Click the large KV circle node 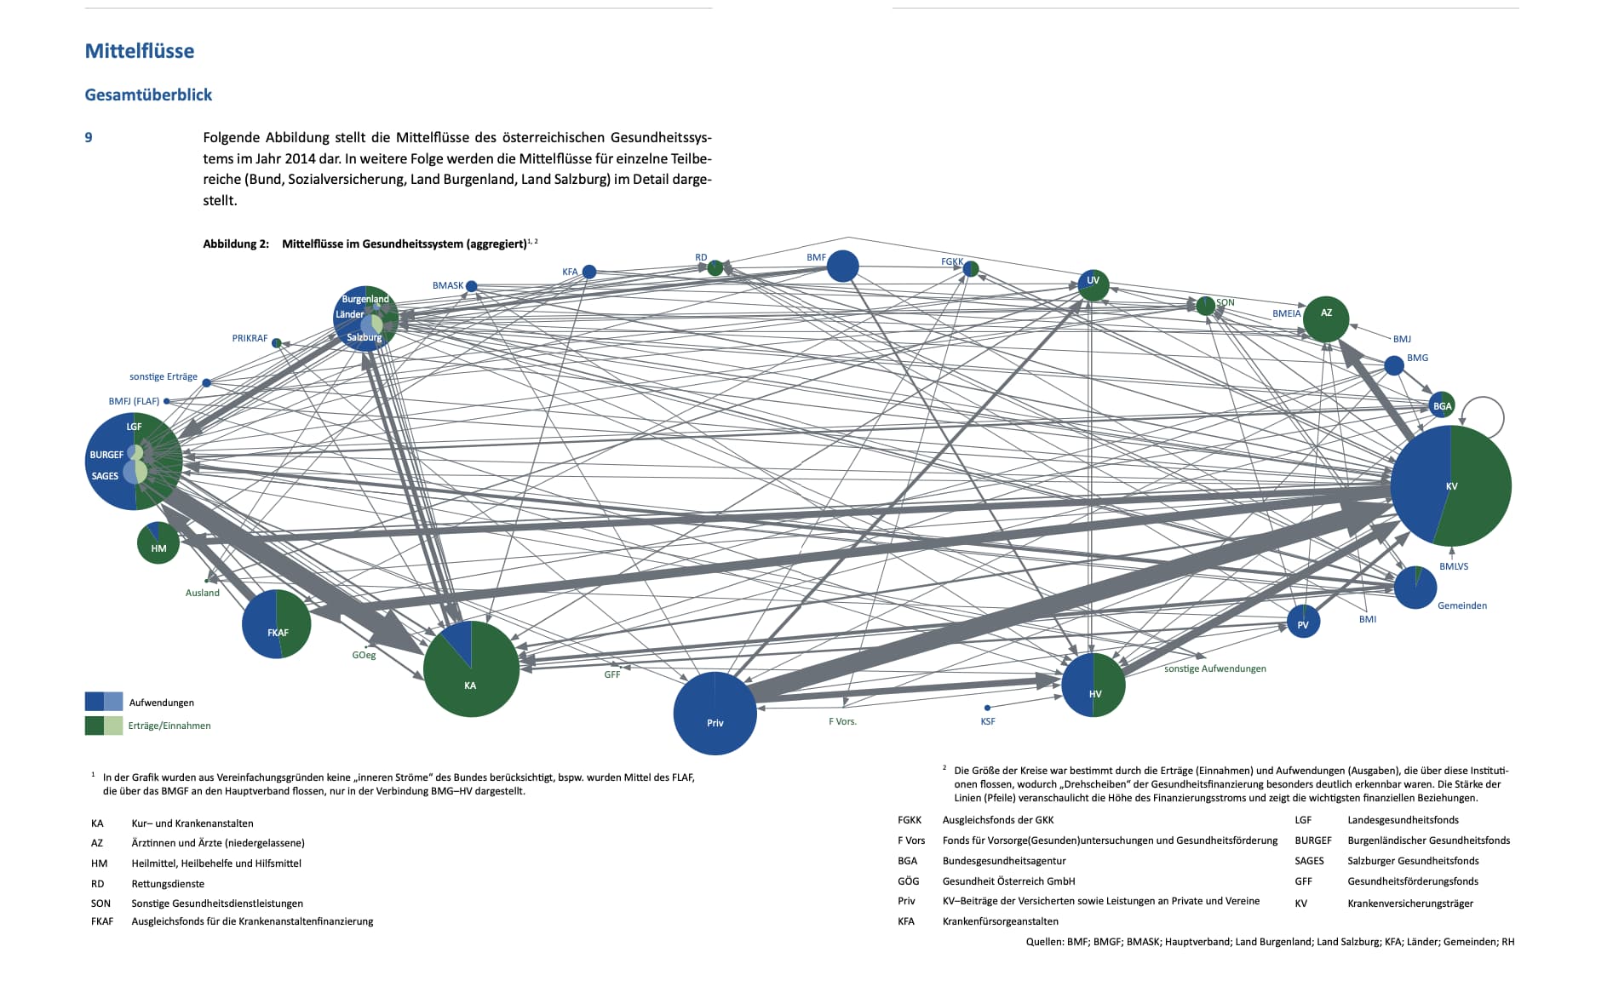1450,485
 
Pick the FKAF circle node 277,624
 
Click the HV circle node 1094,685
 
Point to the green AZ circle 1326,319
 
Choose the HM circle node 158,543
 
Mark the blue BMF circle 842,266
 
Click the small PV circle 1303,622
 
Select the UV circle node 1094,284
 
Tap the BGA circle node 1442,405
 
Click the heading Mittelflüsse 140,51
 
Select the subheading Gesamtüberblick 148,95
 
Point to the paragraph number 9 89,137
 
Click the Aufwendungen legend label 162,703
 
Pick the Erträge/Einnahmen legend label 169,726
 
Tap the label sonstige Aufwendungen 1214,668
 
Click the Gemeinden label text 1461,605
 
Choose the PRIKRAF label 250,338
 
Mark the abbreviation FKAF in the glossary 102,921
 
